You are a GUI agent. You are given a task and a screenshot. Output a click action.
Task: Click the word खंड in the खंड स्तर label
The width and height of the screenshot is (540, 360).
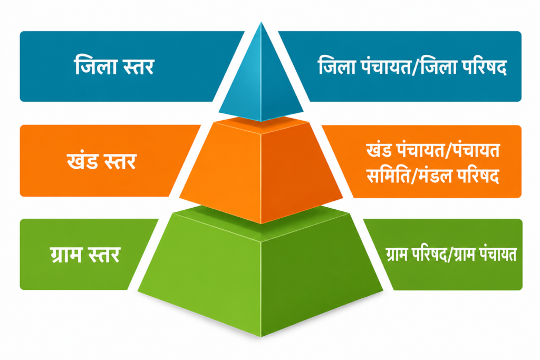tap(82, 161)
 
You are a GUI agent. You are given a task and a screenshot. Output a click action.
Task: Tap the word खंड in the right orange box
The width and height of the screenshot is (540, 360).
tap(379, 150)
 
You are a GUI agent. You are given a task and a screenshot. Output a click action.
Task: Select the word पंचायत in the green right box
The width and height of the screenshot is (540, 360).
tap(500, 255)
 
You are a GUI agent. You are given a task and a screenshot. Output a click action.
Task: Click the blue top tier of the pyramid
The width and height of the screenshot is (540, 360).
tap(261, 79)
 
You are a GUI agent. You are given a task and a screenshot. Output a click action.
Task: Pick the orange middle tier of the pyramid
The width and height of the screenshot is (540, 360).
tap(261, 169)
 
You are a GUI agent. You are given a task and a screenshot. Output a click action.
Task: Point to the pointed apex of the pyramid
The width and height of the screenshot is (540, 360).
tap(261, 22)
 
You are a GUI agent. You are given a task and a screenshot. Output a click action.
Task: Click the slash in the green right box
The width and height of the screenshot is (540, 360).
tap(450, 255)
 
